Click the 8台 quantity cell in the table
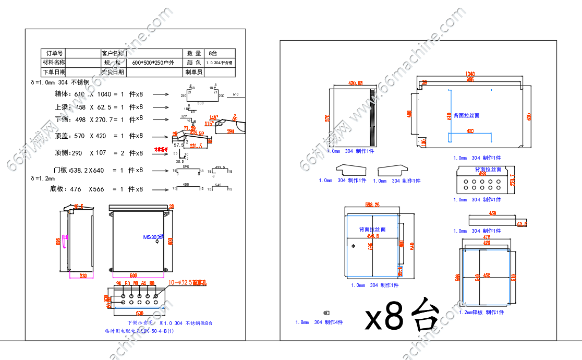pyautogui.click(x=213, y=53)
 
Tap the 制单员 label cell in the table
pyautogui.click(x=193, y=72)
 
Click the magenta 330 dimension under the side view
pyautogui.click(x=82, y=275)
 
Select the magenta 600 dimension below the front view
pyautogui.click(x=133, y=275)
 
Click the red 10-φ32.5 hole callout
pyautogui.click(x=187, y=283)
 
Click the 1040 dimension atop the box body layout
pyautogui.click(x=469, y=74)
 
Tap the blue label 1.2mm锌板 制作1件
pyautogui.click(x=481, y=312)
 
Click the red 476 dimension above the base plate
pyautogui.click(x=486, y=237)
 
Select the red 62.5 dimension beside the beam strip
pyautogui.click(x=522, y=224)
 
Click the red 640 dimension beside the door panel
pyautogui.click(x=411, y=245)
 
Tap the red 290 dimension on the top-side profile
pyautogui.click(x=231, y=132)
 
